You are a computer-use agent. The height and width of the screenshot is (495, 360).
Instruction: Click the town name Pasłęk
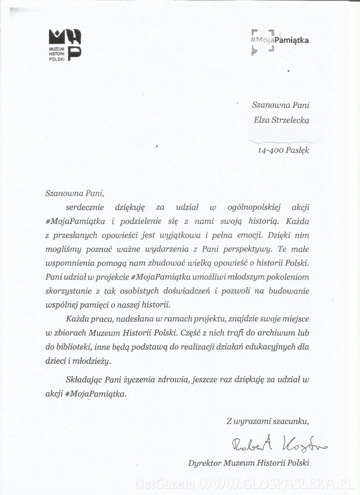pyautogui.click(x=297, y=150)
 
